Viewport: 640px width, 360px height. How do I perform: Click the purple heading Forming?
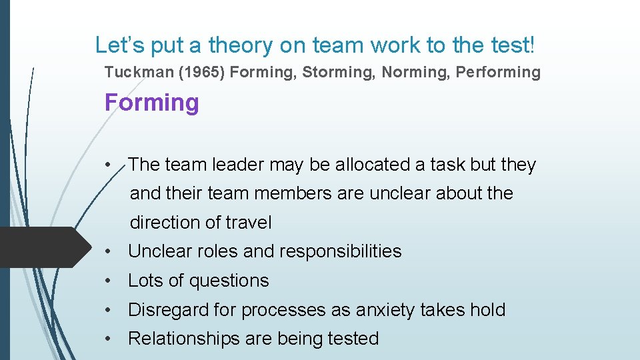pyautogui.click(x=152, y=103)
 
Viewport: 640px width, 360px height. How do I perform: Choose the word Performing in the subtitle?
pyautogui.click(x=498, y=72)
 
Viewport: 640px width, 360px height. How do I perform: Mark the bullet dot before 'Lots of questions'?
pyautogui.click(x=107, y=281)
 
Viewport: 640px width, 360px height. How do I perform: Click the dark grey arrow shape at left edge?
pyautogui.click(x=40, y=247)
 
